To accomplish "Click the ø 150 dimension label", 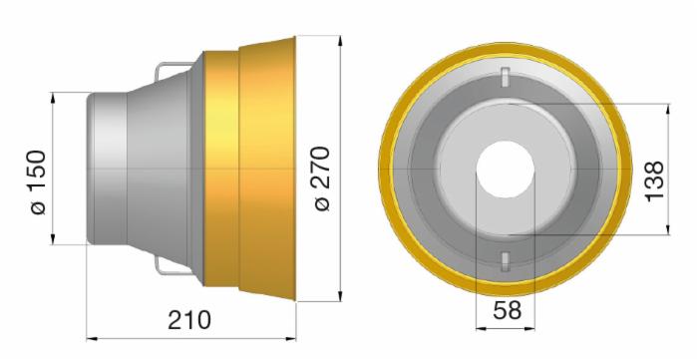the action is pyautogui.click(x=39, y=182).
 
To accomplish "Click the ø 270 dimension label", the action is pyautogui.click(x=322, y=178).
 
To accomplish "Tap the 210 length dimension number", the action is pyautogui.click(x=189, y=320).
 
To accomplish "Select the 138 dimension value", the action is pyautogui.click(x=654, y=181).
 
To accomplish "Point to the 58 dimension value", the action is pyautogui.click(x=507, y=310).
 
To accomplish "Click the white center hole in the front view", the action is pyautogui.click(x=506, y=170).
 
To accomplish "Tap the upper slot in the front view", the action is pyautogui.click(x=506, y=77).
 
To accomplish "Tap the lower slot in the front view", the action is pyautogui.click(x=506, y=261).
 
